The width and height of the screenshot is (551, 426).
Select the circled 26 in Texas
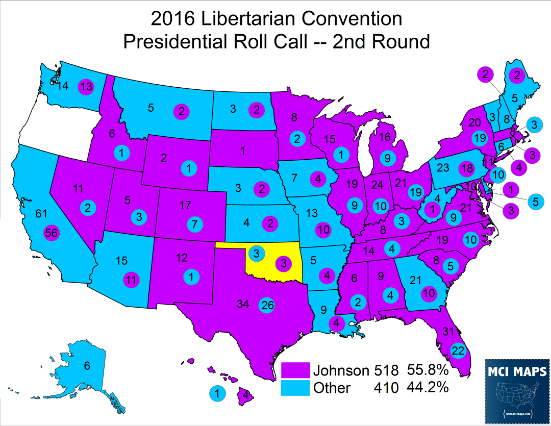[x=267, y=305]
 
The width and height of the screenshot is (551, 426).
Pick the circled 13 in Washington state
[x=86, y=87]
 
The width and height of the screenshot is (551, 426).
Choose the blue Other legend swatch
[x=296, y=387]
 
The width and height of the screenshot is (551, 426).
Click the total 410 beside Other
[x=386, y=388]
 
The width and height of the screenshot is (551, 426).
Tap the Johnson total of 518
[x=386, y=370]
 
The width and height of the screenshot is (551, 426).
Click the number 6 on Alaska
[x=87, y=366]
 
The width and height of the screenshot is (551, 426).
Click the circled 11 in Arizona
[x=132, y=280]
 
